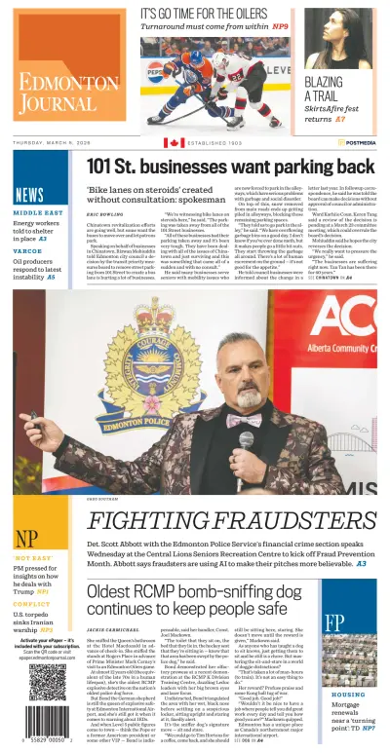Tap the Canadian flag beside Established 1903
[174, 142]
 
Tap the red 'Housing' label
[347, 667]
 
